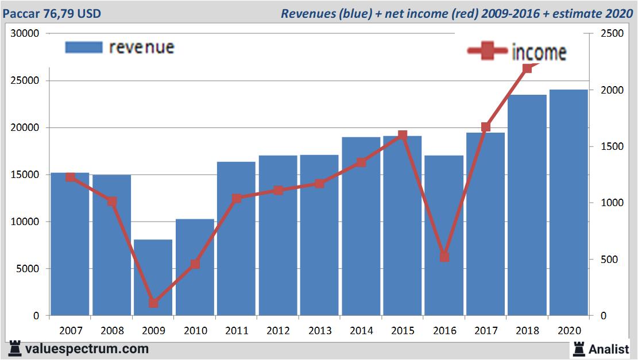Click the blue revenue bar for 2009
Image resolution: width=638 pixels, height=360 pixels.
click(153, 277)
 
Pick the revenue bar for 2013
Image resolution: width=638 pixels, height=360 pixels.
click(319, 235)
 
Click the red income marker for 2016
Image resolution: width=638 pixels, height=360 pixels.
click(444, 257)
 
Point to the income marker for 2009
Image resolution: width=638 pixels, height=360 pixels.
click(153, 303)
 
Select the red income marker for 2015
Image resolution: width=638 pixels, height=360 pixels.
click(403, 136)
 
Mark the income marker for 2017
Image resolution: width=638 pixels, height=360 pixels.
click(485, 127)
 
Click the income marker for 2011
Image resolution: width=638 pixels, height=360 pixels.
click(237, 199)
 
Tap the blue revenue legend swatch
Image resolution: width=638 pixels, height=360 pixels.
click(84, 47)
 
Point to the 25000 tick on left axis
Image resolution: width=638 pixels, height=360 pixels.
click(25, 81)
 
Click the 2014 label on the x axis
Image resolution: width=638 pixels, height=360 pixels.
click(361, 331)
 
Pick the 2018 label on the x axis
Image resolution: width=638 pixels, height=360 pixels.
click(527, 331)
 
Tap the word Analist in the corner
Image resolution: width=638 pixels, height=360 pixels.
click(608, 349)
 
